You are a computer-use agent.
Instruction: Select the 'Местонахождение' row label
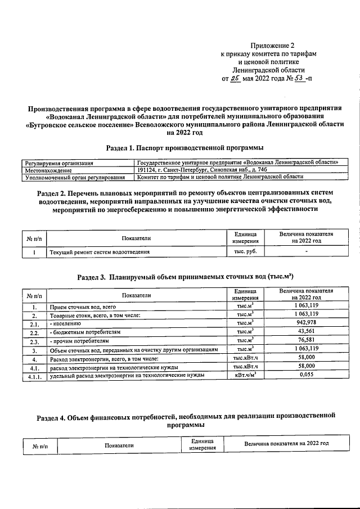tap(49, 170)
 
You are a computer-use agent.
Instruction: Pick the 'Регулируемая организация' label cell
tap(58, 163)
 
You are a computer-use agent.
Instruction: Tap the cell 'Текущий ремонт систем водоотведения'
tap(100, 253)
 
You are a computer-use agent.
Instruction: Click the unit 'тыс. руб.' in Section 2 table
tap(245, 252)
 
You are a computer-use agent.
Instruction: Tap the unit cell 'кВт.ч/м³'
tap(245, 375)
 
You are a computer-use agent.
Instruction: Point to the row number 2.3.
tap(34, 341)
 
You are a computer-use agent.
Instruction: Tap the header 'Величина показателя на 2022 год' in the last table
tap(286, 443)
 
